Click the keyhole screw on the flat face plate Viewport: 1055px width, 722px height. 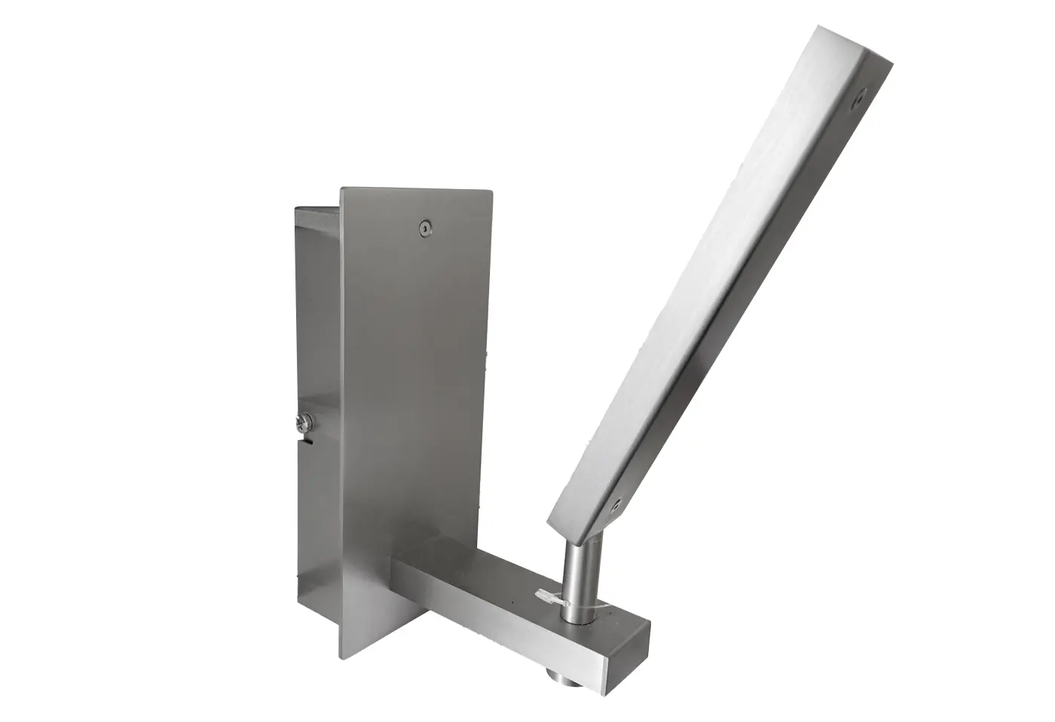426,227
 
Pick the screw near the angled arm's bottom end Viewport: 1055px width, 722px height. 616,503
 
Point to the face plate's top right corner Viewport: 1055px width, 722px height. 493,191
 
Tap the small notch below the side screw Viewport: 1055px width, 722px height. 307,443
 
